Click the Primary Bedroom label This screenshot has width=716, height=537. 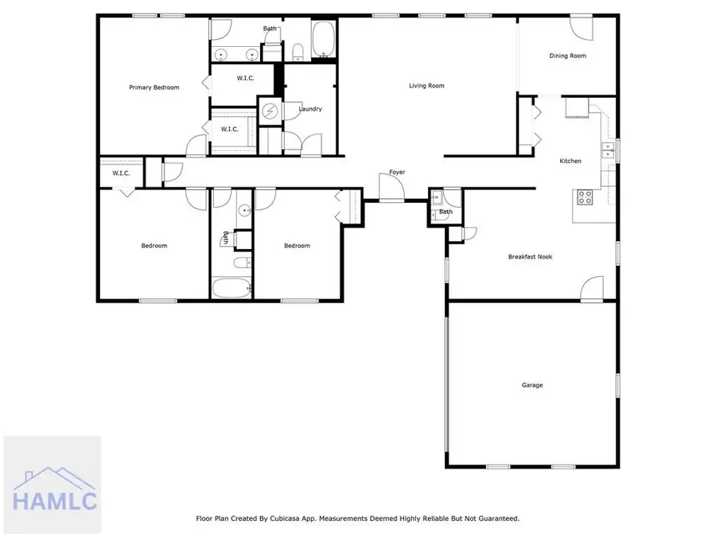[154, 88]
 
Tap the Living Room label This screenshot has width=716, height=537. [426, 86]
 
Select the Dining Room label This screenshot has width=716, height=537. [567, 56]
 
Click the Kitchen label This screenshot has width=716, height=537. [570, 161]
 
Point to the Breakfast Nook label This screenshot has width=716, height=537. [530, 257]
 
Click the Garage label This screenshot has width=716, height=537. [532, 385]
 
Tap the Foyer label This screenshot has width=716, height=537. [397, 173]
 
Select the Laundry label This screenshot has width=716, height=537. [309, 109]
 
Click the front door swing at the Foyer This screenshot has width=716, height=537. [391, 189]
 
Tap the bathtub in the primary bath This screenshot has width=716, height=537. [324, 40]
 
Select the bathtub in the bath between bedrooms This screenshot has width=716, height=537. [232, 288]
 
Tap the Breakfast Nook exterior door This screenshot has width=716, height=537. [592, 289]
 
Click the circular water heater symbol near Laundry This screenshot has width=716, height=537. [270, 111]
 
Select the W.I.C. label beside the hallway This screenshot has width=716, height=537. [120, 173]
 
